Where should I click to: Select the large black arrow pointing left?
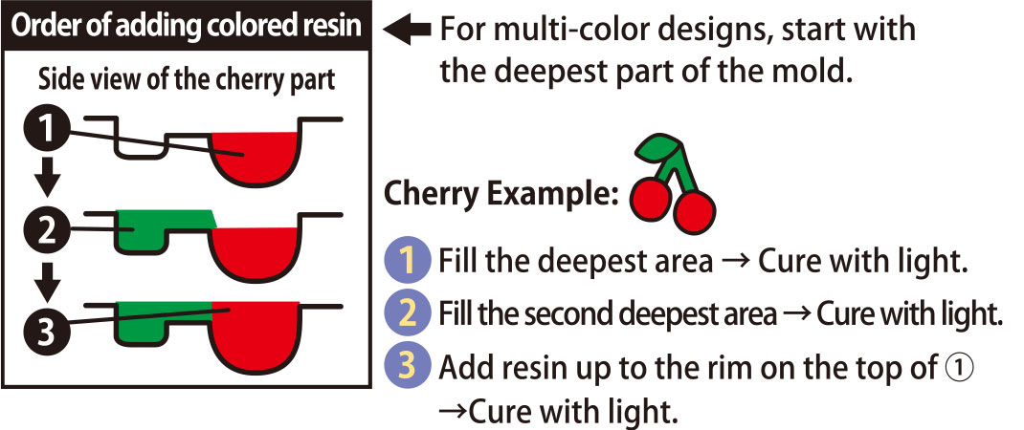[407, 31]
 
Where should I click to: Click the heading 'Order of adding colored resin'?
[187, 27]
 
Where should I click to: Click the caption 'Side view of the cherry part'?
[187, 79]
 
